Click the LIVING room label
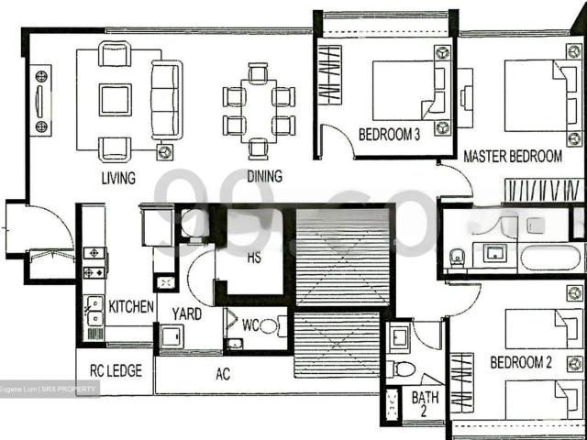pos(119,177)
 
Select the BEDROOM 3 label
pos(389,135)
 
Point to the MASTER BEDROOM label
pos(512,156)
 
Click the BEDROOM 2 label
pos(520,363)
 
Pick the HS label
pos(254,258)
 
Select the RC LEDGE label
pos(115,371)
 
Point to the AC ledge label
pos(222,374)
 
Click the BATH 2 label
pos(425,404)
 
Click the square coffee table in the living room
pos(116,99)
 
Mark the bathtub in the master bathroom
pos(550,254)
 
